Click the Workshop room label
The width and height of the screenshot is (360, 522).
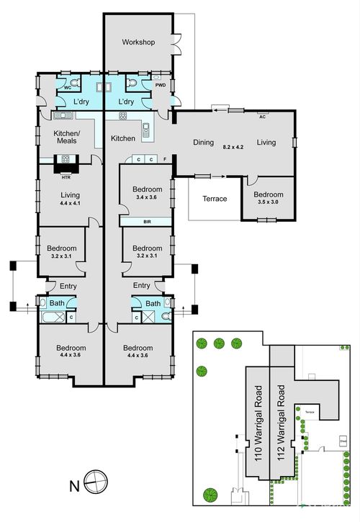tap(138, 42)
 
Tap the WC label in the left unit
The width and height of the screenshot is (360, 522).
tap(68, 87)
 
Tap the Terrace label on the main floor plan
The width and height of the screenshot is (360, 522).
tap(215, 198)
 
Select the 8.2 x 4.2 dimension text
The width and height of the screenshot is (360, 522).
tap(233, 147)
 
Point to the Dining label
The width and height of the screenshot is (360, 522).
tap(204, 143)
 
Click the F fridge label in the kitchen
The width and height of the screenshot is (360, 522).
tap(165, 158)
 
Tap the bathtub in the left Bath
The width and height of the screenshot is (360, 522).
tap(51, 317)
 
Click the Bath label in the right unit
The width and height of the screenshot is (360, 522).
tap(153, 304)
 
